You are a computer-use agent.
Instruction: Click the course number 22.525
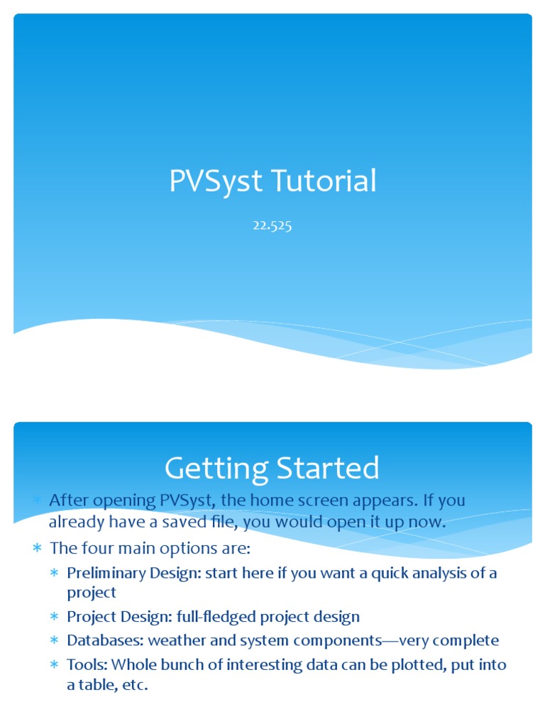click(272, 227)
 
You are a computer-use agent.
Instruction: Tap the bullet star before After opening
click(37, 501)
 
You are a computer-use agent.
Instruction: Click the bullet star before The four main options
click(37, 549)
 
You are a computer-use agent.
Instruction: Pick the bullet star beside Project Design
click(55, 617)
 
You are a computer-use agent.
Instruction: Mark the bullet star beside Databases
click(55, 641)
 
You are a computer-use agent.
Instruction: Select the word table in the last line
click(97, 687)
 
